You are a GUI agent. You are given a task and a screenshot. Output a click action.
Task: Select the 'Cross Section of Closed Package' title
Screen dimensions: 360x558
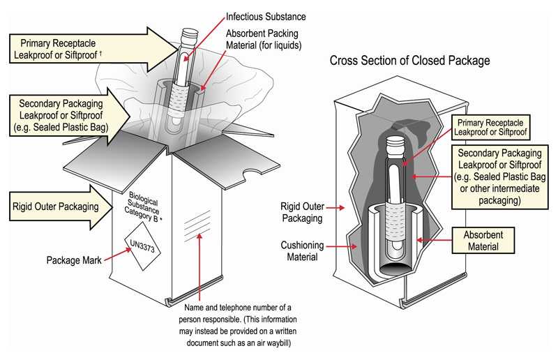[409, 61]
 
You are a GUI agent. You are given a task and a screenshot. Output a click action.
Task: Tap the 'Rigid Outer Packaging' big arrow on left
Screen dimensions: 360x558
[56, 206]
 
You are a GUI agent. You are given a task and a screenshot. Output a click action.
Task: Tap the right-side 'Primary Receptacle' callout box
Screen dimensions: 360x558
[490, 126]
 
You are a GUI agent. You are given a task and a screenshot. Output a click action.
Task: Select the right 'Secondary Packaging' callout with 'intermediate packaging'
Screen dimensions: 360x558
[499, 175]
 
